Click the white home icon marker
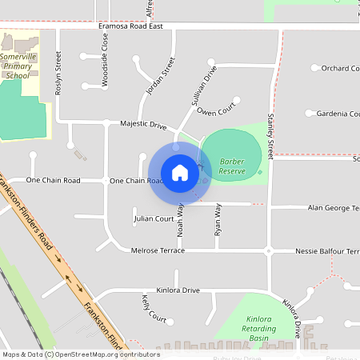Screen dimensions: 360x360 (x=180, y=173)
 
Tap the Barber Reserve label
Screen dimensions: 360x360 (x=232, y=166)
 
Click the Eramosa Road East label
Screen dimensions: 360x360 (x=130, y=26)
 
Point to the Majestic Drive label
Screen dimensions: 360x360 (x=143, y=126)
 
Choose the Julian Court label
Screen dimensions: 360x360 (x=154, y=218)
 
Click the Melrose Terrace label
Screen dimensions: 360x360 (x=158, y=251)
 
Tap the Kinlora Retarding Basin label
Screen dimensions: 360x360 (x=258, y=328)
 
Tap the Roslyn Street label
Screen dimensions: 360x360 (x=58, y=74)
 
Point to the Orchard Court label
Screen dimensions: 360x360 (x=339, y=69)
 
